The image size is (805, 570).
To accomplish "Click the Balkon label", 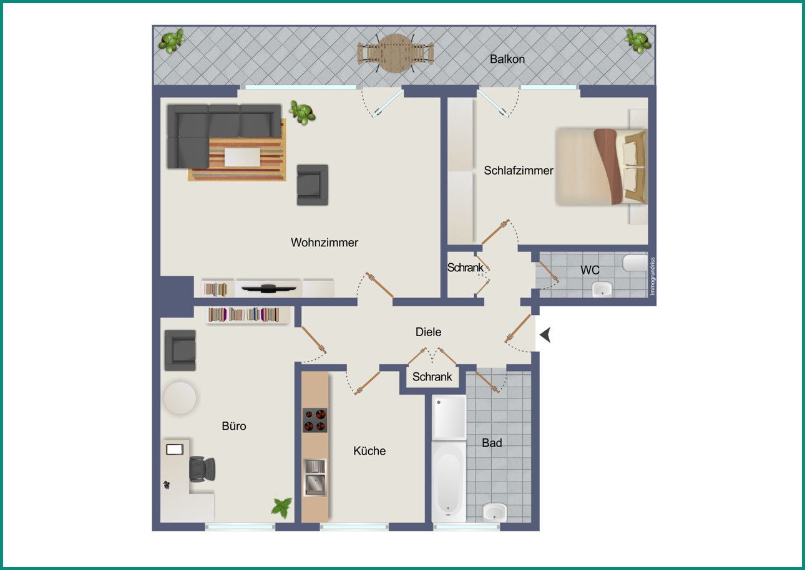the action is [x=507, y=59].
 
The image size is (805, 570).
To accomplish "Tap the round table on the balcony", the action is [x=395, y=53].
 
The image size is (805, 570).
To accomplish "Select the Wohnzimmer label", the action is [x=324, y=243].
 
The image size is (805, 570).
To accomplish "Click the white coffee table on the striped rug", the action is [x=242, y=157].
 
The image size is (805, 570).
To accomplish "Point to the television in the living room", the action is [x=268, y=288].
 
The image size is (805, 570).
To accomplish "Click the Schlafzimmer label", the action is [x=518, y=170].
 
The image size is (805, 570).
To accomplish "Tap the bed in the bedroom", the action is [x=601, y=167].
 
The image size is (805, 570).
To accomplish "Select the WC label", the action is [x=590, y=270].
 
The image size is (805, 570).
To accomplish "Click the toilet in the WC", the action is [x=635, y=263].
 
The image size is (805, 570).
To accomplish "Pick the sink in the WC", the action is [x=602, y=289].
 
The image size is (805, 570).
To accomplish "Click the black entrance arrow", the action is [x=545, y=335].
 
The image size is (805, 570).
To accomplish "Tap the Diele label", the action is [x=428, y=332].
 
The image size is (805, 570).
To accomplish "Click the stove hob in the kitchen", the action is [x=315, y=420].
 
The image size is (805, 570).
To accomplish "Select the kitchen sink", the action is [x=315, y=478].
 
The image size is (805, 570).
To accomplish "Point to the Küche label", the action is [x=369, y=451].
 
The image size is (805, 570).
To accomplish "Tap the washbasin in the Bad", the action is [x=494, y=511].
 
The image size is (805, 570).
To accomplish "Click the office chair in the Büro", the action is [x=202, y=469].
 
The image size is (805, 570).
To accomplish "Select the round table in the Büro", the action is [x=180, y=398].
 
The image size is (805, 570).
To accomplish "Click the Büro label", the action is [x=234, y=426].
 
